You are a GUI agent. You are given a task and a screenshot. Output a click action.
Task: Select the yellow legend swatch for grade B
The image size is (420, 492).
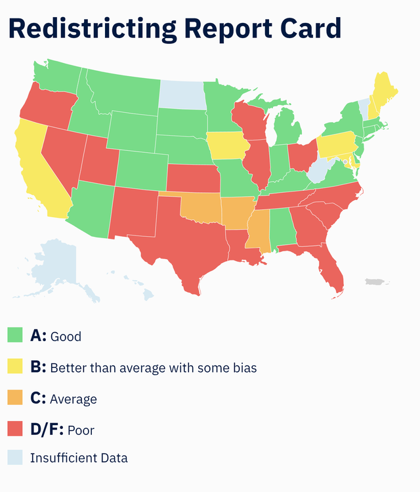click(x=16, y=367)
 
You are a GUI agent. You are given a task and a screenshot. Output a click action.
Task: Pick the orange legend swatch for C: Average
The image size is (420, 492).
click(x=16, y=398)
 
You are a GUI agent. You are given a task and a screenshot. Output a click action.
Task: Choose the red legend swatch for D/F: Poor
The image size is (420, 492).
click(x=16, y=430)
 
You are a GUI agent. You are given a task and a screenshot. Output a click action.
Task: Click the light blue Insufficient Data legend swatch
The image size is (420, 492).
click(x=16, y=458)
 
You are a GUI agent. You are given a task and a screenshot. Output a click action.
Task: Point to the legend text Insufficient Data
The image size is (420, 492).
click(x=79, y=458)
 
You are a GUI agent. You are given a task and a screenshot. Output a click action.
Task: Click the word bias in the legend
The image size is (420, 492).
click(x=243, y=368)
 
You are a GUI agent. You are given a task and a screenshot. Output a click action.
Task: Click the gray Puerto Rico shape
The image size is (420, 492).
click(x=377, y=282)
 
